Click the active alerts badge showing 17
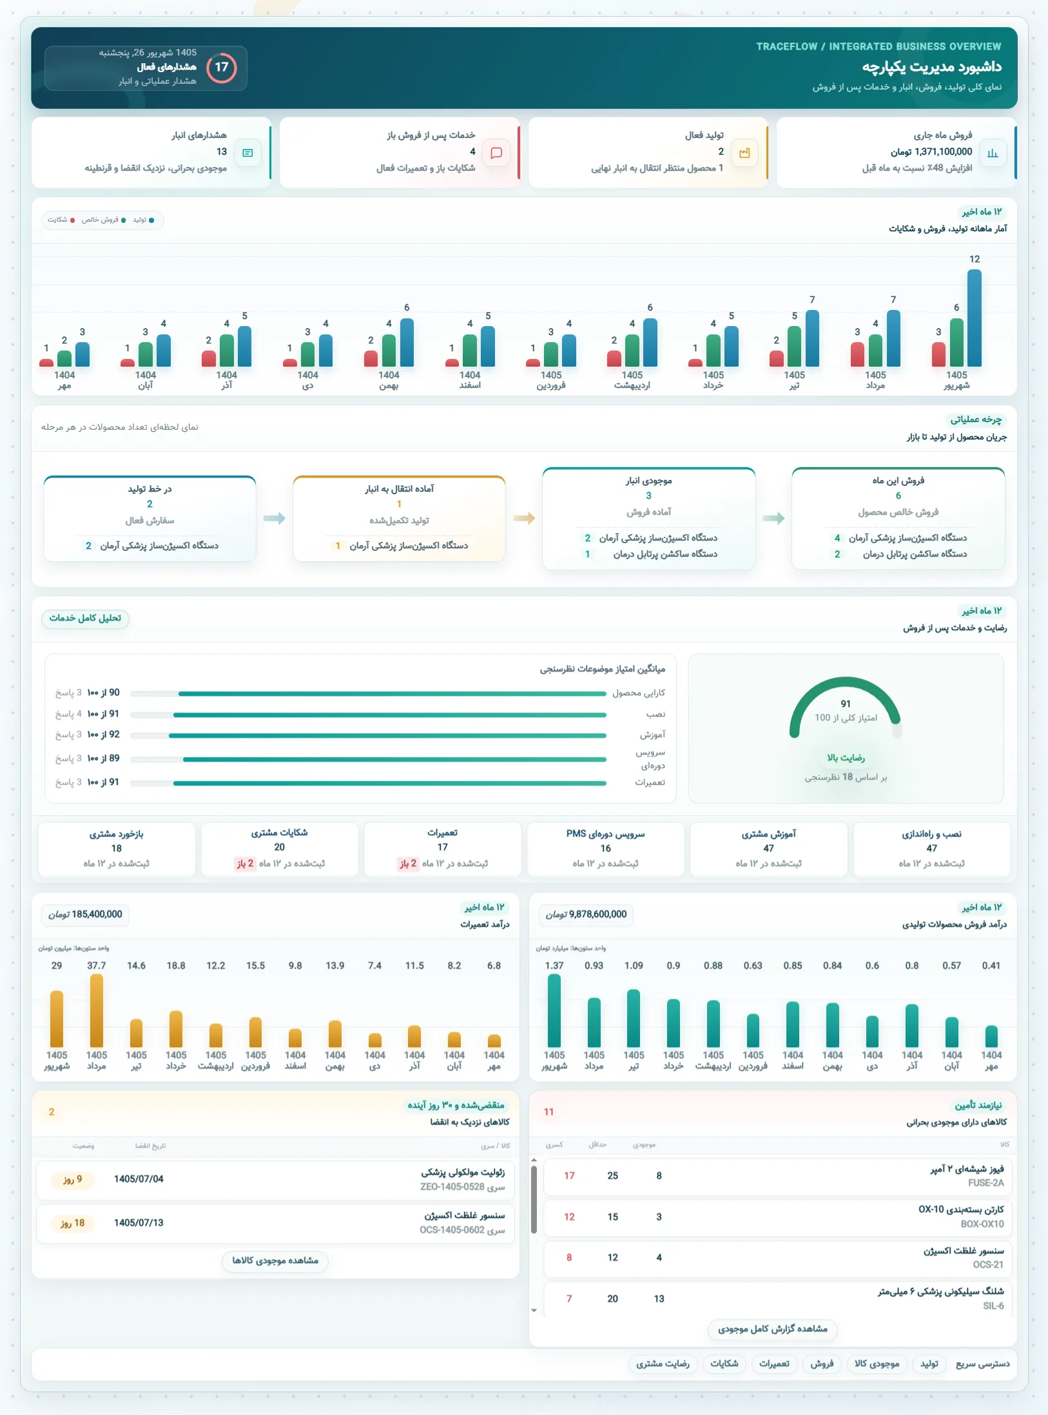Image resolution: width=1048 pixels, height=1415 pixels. pyautogui.click(x=222, y=68)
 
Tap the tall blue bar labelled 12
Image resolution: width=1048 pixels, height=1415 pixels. pyautogui.click(x=974, y=318)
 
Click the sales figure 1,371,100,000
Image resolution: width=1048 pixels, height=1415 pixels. pyautogui.click(x=944, y=152)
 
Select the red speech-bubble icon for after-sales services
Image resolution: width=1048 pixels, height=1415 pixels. pyautogui.click(x=496, y=153)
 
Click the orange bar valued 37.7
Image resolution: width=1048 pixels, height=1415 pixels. pyautogui.click(x=97, y=1010)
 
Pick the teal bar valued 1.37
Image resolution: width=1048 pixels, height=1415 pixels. pyautogui.click(x=554, y=1010)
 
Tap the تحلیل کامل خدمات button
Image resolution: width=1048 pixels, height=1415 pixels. pyautogui.click(x=85, y=619)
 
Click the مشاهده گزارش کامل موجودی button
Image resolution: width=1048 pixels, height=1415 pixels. pyautogui.click(x=773, y=1329)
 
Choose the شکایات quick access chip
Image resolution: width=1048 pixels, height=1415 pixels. pyautogui.click(x=724, y=1363)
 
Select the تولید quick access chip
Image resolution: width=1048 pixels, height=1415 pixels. pyautogui.click(x=929, y=1363)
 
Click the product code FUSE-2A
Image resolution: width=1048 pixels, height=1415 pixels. pyautogui.click(x=985, y=1183)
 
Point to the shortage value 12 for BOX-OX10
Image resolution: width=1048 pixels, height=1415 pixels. pyautogui.click(x=569, y=1217)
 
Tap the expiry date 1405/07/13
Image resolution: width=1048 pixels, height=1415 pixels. pyautogui.click(x=139, y=1223)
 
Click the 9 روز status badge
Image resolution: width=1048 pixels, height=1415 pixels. pyautogui.click(x=72, y=1179)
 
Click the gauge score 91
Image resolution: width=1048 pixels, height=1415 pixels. pyautogui.click(x=846, y=704)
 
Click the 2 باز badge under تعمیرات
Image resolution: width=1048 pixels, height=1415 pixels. pyautogui.click(x=407, y=863)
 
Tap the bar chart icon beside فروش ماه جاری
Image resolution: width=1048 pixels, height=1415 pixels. pyautogui.click(x=993, y=153)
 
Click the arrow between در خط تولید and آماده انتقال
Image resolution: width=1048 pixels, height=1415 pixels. pyautogui.click(x=275, y=518)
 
